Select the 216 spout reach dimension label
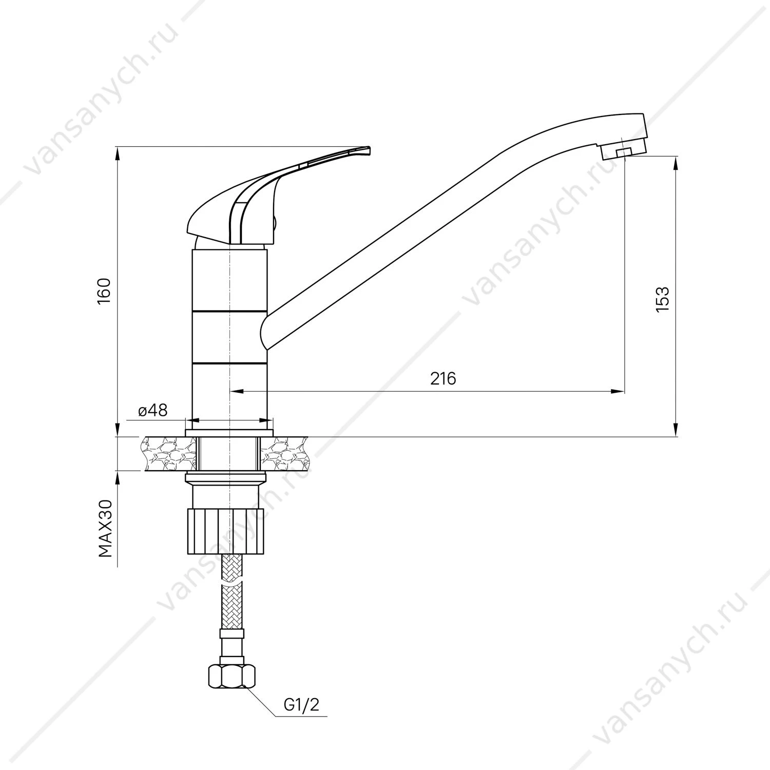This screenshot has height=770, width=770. pyautogui.click(x=443, y=378)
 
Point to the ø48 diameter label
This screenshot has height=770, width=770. pyautogui.click(x=152, y=410)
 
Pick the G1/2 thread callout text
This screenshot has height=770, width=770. pyautogui.click(x=301, y=705)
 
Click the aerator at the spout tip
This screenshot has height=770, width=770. pyautogui.click(x=623, y=151)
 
